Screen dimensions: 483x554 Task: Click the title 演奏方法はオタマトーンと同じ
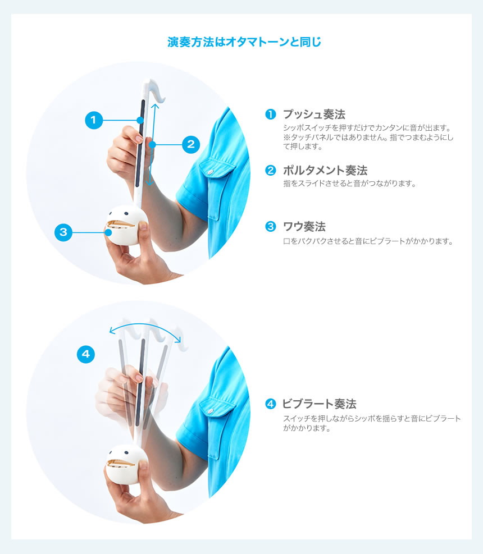click(x=244, y=42)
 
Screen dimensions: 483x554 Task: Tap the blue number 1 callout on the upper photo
click(x=94, y=120)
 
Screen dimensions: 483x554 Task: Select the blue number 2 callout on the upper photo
click(x=191, y=144)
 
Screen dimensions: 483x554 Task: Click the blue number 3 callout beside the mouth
click(x=63, y=232)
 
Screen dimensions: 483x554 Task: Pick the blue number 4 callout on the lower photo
click(x=86, y=354)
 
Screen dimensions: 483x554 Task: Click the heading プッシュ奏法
click(x=314, y=114)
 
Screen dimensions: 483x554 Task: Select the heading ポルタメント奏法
click(x=325, y=170)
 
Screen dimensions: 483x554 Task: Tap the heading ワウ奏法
click(x=304, y=226)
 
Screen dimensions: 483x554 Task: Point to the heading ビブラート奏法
click(x=320, y=404)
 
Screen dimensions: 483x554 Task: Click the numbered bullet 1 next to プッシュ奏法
click(x=271, y=114)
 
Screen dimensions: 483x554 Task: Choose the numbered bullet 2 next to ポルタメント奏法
click(x=271, y=170)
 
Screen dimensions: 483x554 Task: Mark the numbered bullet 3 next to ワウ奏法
click(x=271, y=226)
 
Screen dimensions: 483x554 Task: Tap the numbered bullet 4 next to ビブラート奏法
click(x=271, y=404)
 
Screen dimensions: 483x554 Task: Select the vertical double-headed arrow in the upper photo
click(x=152, y=144)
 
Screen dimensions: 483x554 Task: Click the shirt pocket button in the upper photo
click(x=211, y=172)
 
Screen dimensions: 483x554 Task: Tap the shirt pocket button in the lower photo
click(x=211, y=411)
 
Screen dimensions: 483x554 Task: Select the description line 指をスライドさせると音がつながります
click(x=349, y=184)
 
